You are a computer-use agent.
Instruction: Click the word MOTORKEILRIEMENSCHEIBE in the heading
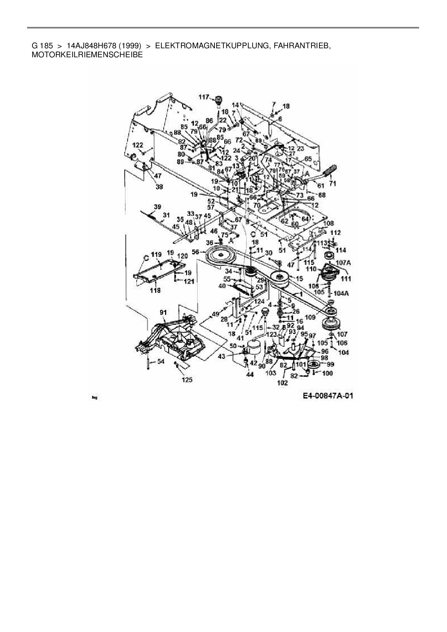point(87,55)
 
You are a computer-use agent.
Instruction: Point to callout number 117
point(204,97)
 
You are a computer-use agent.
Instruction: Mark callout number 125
point(187,379)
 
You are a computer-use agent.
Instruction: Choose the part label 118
point(155,290)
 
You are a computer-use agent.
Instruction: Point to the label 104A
point(341,293)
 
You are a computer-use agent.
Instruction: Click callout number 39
point(157,207)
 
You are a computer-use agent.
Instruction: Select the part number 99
point(330,364)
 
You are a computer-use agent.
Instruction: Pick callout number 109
point(310,317)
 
